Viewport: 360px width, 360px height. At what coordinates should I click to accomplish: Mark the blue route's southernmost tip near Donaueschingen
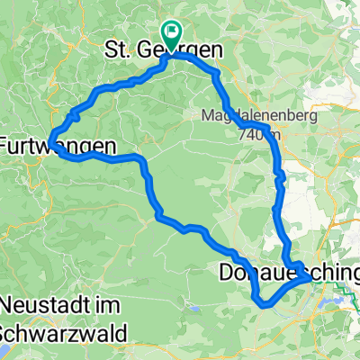pos(264,304)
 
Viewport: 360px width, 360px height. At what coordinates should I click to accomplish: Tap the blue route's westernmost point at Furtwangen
pos(50,138)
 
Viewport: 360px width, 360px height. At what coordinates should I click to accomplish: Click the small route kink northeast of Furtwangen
pos(72,115)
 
